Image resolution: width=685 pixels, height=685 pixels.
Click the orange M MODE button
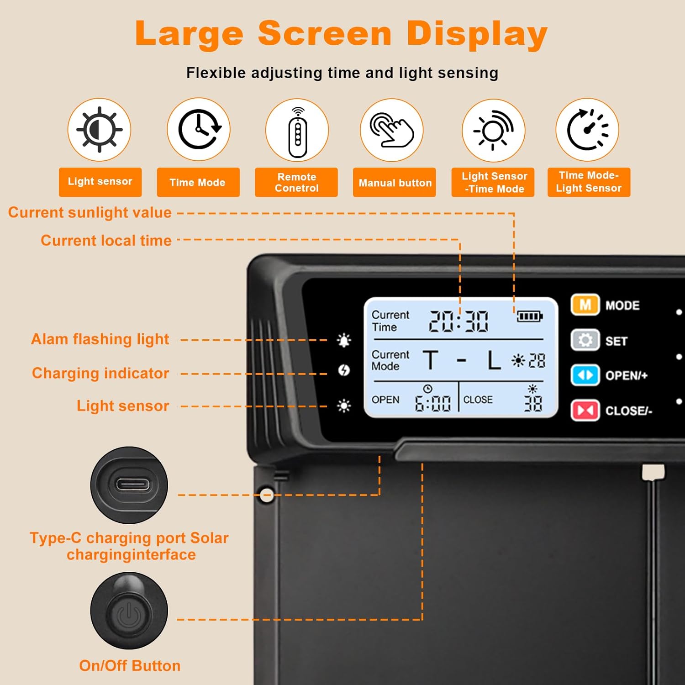tap(585, 305)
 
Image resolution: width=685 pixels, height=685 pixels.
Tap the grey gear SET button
tap(585, 340)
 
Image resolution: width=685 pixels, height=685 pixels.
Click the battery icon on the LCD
tap(529, 316)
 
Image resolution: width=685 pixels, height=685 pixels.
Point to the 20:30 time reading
tap(458, 321)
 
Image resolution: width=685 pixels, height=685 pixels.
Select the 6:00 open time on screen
tap(432, 403)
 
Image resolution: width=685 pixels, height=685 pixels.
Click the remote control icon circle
tap(297, 130)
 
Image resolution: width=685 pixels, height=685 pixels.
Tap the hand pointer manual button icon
tap(392, 130)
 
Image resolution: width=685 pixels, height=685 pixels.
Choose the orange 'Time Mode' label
tap(198, 183)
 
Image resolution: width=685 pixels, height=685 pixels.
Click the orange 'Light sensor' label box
tap(100, 182)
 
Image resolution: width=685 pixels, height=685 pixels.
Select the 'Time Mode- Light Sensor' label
tap(589, 182)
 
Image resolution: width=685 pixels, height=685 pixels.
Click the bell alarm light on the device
tap(344, 340)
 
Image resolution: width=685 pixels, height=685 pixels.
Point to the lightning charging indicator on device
tap(344, 370)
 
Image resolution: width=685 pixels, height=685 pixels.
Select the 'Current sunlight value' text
tap(90, 213)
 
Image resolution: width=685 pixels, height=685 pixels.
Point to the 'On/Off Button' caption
tap(130, 666)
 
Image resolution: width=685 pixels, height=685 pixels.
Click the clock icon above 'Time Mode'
tap(199, 130)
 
